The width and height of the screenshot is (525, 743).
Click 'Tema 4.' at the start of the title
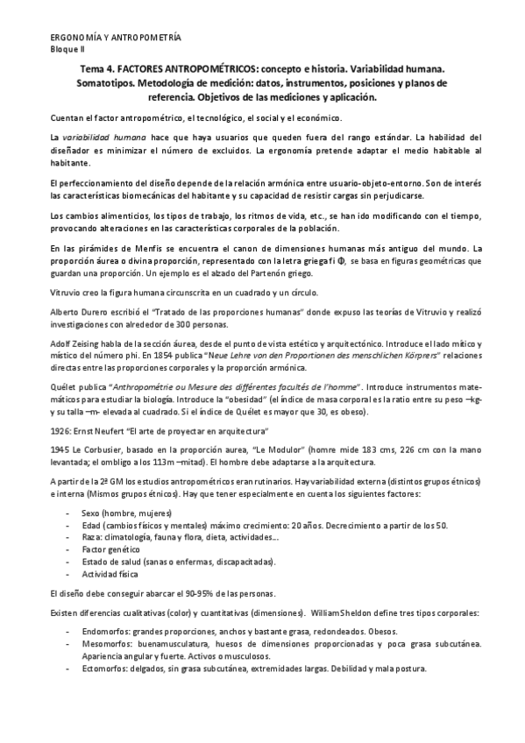coord(90,68)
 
